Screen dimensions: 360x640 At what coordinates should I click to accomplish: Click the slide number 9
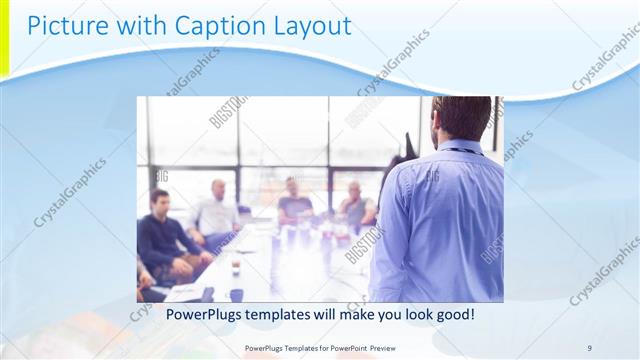tap(589, 347)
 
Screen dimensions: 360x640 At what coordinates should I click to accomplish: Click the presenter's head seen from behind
tap(457, 118)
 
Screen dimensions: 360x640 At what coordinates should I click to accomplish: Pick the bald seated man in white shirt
tap(216, 210)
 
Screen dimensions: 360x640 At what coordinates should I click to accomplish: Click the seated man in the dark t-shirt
tap(295, 201)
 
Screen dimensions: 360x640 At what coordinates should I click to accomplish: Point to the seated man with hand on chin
tap(355, 205)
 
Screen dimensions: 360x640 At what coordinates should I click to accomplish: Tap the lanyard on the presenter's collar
tap(460, 151)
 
